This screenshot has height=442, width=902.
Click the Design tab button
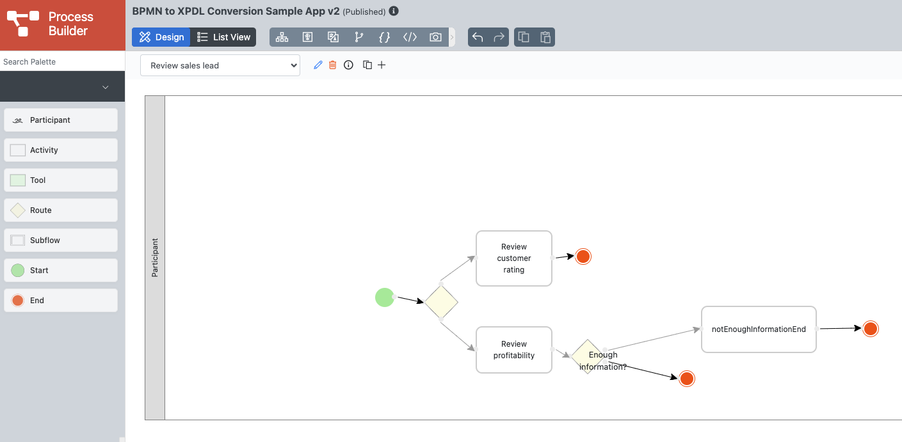pos(161,37)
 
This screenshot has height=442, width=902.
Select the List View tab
pos(223,37)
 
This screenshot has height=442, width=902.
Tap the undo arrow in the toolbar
pos(478,37)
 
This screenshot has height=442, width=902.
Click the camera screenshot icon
pos(435,37)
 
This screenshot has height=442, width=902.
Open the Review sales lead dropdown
pos(220,65)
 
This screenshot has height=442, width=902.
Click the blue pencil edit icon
pos(318,65)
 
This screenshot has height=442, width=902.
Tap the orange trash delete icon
pos(333,65)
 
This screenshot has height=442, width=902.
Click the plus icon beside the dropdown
pos(382,65)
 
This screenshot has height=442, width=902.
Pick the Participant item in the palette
pos(61,120)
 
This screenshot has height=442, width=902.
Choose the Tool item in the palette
pos(61,180)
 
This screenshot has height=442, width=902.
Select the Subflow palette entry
pos(61,240)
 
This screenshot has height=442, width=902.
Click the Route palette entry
pos(61,210)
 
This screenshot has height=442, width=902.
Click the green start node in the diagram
pos(385,297)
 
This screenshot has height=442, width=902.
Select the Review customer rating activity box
pos(514,258)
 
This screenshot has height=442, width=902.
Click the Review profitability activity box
pos(514,349)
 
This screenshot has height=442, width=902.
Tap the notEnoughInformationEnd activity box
pos(759,329)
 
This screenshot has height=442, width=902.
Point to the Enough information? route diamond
pos(588,356)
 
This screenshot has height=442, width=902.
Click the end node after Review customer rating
pos(583,257)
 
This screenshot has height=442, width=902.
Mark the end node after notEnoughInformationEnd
pos(871,329)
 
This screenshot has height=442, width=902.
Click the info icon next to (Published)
pos(394,12)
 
